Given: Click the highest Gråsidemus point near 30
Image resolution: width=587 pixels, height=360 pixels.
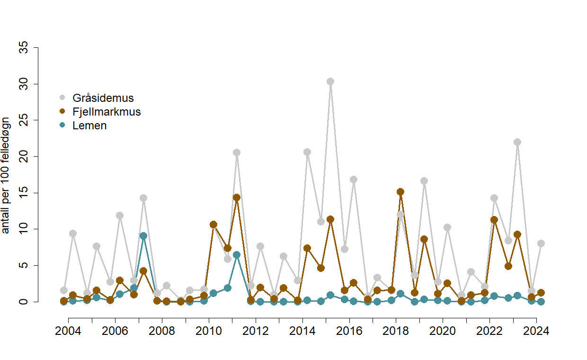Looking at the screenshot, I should click(x=330, y=81).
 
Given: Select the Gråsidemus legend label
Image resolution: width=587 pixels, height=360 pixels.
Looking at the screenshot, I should click(x=103, y=99).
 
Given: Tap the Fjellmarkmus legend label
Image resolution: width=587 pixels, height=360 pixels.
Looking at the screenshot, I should click(x=107, y=112).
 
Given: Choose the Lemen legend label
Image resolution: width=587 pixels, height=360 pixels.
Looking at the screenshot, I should click(x=89, y=126).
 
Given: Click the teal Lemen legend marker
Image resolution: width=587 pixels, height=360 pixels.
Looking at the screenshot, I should click(x=62, y=126).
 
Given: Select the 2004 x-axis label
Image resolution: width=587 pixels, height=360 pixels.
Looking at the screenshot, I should click(x=68, y=331).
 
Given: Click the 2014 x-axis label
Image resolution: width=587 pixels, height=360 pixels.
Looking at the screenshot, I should click(x=302, y=331).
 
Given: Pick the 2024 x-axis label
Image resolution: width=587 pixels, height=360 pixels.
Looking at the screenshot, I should click(x=536, y=331).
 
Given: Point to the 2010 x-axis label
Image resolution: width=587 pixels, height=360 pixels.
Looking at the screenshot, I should click(x=209, y=331).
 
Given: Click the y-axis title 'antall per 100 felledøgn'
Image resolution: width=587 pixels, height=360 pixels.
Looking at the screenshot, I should click(x=6, y=175).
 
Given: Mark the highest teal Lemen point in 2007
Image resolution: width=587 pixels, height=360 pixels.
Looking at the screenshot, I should click(x=143, y=236).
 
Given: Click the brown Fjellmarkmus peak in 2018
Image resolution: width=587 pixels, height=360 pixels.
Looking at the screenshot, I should click(x=400, y=192).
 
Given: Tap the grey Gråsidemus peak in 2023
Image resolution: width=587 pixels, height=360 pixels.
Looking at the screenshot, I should click(x=517, y=142).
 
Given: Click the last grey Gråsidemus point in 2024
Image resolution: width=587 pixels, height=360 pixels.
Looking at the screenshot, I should click(x=541, y=243).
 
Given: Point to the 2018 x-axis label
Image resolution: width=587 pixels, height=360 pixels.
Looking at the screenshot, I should click(x=396, y=331).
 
